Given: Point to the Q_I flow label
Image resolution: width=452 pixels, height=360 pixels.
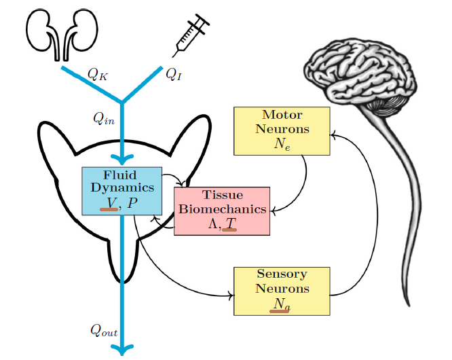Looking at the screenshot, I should [174, 73].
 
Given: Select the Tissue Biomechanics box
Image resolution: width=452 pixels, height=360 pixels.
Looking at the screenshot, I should [222, 211].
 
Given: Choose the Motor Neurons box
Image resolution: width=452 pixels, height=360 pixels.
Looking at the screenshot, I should [282, 131].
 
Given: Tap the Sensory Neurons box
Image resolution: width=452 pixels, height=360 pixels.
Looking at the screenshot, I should [282, 291].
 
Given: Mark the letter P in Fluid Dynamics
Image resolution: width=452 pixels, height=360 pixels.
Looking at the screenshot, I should [132, 202].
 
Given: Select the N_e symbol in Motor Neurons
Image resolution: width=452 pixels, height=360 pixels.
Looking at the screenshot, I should [282, 145].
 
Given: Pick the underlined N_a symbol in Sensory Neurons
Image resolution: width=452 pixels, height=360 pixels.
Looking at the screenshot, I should [281, 305].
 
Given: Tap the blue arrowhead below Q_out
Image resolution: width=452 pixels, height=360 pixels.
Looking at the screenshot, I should [122, 349].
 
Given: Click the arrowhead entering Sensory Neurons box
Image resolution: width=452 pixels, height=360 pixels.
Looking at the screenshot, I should [231, 295].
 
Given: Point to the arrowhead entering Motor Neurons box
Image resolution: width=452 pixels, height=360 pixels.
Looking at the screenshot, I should [333, 135].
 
